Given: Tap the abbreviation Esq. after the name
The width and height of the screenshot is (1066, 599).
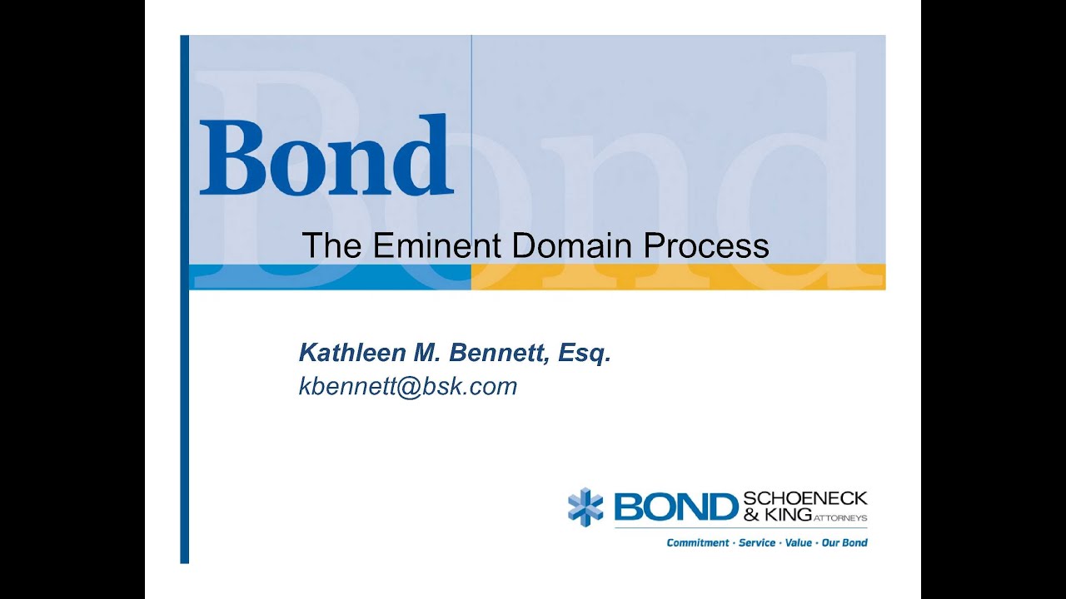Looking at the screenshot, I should tap(585, 354).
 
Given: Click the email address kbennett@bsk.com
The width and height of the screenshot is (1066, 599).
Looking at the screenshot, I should tap(408, 386).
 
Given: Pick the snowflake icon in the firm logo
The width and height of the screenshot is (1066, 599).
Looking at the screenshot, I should tap(585, 507).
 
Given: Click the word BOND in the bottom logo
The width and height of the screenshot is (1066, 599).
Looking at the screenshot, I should tap(676, 507).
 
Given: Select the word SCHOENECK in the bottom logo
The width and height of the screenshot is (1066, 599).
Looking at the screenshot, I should tap(804, 498).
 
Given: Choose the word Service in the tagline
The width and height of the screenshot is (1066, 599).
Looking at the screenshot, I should tap(757, 542).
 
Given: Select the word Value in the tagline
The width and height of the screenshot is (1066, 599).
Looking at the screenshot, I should tap(799, 542).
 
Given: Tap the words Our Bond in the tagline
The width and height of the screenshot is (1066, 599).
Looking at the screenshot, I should tap(845, 542).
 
